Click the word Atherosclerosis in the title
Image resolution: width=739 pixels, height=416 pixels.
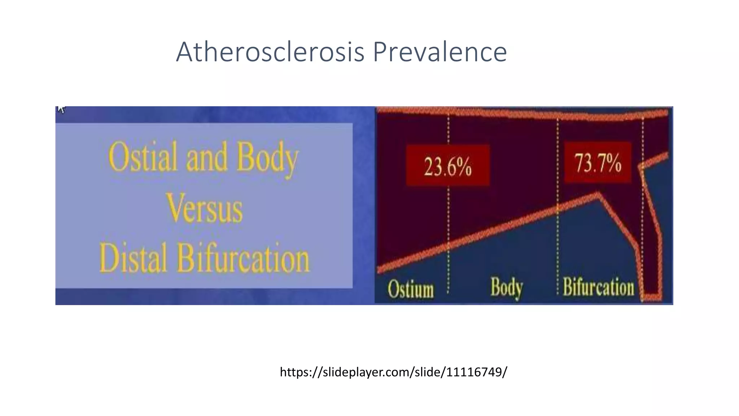pyautogui.click(x=270, y=52)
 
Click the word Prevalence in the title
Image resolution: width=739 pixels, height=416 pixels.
pyautogui.click(x=440, y=52)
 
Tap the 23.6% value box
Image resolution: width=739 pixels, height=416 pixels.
pyautogui.click(x=447, y=166)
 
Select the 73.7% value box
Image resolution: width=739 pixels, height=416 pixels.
pyautogui.click(x=598, y=162)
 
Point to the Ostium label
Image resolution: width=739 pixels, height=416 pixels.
pyautogui.click(x=411, y=289)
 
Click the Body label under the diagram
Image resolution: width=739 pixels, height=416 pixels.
pyautogui.click(x=507, y=288)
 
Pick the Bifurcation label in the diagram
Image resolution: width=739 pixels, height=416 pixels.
pyautogui.click(x=598, y=287)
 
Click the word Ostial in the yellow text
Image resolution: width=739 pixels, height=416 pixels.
pyautogui.click(x=143, y=157)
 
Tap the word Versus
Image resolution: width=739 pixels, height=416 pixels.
pyautogui.click(x=204, y=209)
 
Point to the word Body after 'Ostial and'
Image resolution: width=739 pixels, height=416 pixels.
pyautogui.click(x=267, y=158)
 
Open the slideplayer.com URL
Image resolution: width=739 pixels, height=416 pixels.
pyautogui.click(x=393, y=372)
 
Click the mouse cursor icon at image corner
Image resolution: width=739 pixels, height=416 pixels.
pyautogui.click(x=61, y=109)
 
